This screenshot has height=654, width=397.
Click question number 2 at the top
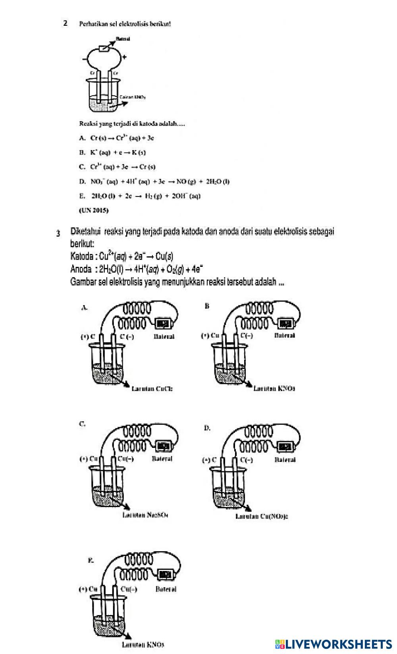tap(65, 23)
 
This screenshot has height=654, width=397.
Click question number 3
tap(58, 233)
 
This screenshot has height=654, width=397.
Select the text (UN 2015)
tap(94, 210)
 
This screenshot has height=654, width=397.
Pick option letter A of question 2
tap(82, 138)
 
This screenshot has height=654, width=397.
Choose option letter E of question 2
tap(82, 196)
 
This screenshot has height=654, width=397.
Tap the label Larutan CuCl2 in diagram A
tap(152, 389)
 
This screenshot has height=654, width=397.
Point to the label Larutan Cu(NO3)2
tap(262, 517)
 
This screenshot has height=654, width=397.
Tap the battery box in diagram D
tap(287, 447)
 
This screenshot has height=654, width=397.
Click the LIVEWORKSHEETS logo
tap(333, 644)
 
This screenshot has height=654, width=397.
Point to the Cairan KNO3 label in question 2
tap(133, 97)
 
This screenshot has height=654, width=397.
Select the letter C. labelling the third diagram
tap(82, 424)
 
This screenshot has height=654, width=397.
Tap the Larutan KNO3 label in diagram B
tap(274, 388)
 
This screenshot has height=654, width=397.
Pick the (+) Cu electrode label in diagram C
tap(89, 459)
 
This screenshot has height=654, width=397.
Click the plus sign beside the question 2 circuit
tap(125, 57)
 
